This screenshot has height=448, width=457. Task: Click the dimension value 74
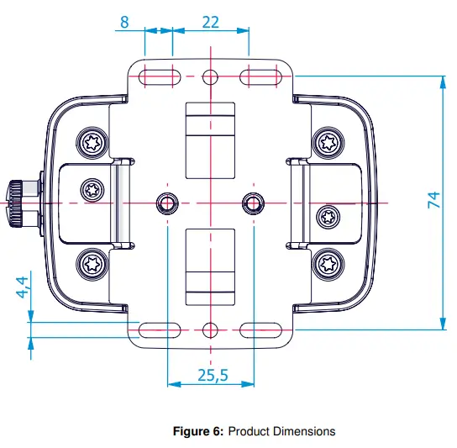[434, 201]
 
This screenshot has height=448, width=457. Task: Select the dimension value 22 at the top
[211, 22]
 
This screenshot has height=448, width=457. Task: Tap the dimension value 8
[124, 22]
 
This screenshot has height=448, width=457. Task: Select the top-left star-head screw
[92, 141]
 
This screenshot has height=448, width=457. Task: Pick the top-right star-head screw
[327, 141]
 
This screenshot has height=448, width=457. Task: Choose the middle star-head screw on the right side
[327, 218]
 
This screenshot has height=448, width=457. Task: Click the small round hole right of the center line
[252, 203]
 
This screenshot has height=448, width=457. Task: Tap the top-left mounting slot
[160, 77]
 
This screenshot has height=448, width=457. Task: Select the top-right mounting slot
[260, 77]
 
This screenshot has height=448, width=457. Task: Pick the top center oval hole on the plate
[210, 77]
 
